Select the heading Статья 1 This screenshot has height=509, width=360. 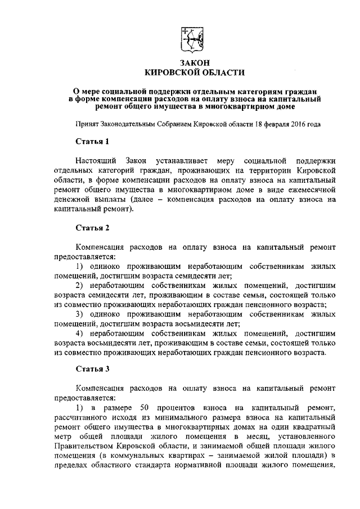[x=92, y=140]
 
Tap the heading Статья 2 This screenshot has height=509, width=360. [x=92, y=228]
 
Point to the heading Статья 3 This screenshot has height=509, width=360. [x=92, y=369]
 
